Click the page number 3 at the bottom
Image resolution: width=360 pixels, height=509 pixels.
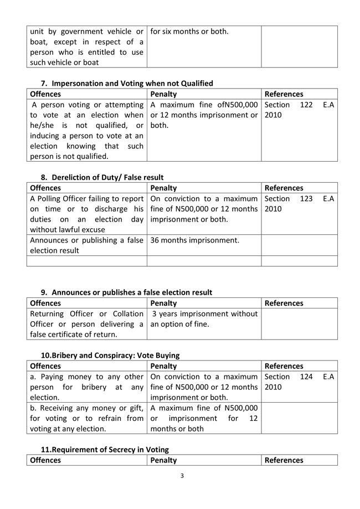(182, 476)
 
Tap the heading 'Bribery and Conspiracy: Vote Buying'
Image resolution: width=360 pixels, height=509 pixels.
(110, 355)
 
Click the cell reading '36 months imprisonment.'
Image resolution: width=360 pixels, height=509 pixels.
(194, 240)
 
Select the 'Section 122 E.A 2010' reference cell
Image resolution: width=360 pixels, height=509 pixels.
(299, 110)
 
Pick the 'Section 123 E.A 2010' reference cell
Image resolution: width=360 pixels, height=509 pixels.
(299, 204)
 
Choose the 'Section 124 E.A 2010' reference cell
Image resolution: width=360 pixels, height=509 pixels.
(299, 382)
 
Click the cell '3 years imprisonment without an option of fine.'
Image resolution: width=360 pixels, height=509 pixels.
(204, 319)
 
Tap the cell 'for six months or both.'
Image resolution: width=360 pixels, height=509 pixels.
(189, 31)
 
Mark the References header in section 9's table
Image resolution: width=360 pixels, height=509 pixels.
(284, 303)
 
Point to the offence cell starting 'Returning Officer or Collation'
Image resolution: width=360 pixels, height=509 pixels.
(86, 324)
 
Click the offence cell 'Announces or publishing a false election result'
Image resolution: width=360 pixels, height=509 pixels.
(86, 245)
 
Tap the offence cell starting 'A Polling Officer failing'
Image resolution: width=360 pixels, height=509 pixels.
(86, 214)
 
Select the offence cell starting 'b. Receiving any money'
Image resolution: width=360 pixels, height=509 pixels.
(86, 418)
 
